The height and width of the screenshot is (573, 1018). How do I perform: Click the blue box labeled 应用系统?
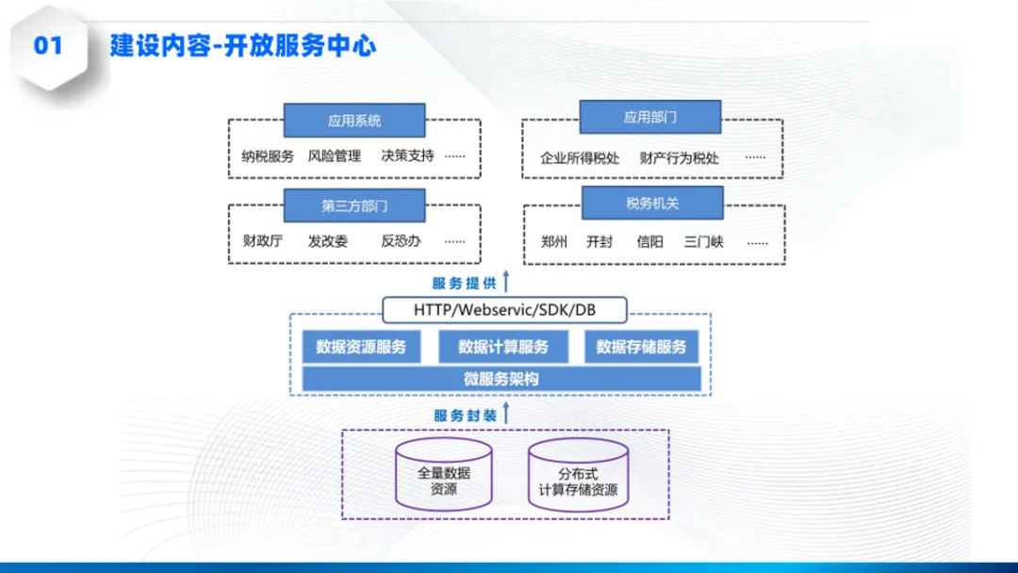[x=354, y=121]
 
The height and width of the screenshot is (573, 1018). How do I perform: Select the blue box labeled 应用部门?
[x=649, y=118]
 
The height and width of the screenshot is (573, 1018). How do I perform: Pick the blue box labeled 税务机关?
[x=651, y=203]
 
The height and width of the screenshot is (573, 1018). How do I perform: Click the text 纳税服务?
[x=268, y=156]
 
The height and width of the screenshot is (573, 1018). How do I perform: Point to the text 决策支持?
[x=407, y=156]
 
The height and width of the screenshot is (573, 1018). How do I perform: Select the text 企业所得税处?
[x=580, y=157]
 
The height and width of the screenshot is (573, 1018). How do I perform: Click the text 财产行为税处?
[x=679, y=157]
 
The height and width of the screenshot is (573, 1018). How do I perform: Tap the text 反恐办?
[x=401, y=241]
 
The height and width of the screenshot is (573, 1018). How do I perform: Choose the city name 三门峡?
[x=704, y=241]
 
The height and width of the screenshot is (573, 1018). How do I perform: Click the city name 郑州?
[x=555, y=241]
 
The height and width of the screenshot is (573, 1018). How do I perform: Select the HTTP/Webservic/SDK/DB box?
[x=504, y=309]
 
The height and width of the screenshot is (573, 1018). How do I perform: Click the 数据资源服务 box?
[x=361, y=347]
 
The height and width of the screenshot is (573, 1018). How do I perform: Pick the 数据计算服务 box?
[x=503, y=347]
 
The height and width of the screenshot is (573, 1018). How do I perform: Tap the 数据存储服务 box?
[x=641, y=347]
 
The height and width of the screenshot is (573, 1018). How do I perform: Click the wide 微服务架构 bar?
[x=501, y=379]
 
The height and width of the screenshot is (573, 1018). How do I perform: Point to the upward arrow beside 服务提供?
[x=505, y=282]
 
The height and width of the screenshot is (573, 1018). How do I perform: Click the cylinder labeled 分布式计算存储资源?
[x=578, y=475]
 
